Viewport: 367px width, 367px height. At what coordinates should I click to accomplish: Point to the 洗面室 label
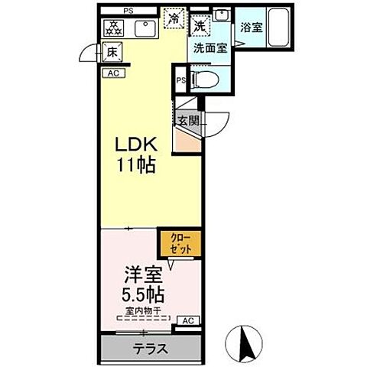(208, 47)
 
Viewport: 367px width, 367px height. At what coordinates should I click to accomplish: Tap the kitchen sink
(143, 29)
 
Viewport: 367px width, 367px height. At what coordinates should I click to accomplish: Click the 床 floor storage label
(112, 54)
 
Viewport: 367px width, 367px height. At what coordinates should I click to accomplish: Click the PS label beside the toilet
(180, 80)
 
